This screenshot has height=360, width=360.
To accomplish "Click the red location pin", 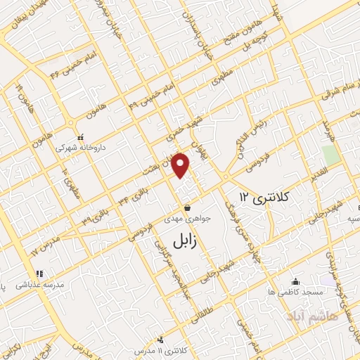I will pos(181,165).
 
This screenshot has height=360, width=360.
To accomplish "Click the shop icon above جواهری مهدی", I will pos(188,207).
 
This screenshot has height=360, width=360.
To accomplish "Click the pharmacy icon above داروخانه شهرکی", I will pos(81,137).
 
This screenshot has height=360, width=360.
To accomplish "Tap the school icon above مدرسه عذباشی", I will pos(39,274).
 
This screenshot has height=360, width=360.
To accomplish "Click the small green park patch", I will pos(330,155).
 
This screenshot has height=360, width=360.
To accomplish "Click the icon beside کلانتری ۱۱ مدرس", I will pos(161,340).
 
